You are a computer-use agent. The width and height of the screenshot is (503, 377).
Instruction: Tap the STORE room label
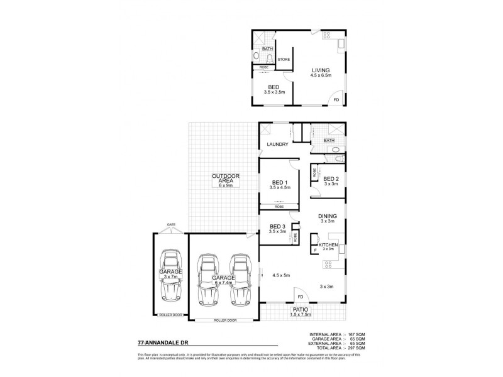click(284, 60)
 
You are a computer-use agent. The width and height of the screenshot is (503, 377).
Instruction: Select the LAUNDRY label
click(277, 145)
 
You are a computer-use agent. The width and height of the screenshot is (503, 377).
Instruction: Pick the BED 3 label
click(277, 227)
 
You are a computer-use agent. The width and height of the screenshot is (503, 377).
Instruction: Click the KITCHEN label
click(328, 244)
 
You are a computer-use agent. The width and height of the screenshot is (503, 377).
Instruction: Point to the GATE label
click(171, 224)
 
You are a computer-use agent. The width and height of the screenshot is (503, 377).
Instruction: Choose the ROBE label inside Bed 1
click(277, 206)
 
